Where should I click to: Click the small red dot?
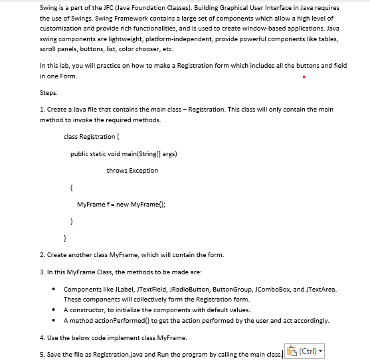304,76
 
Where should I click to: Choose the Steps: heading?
49,93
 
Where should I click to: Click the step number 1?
42,109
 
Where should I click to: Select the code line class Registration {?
91,136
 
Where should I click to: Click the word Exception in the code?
144,171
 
